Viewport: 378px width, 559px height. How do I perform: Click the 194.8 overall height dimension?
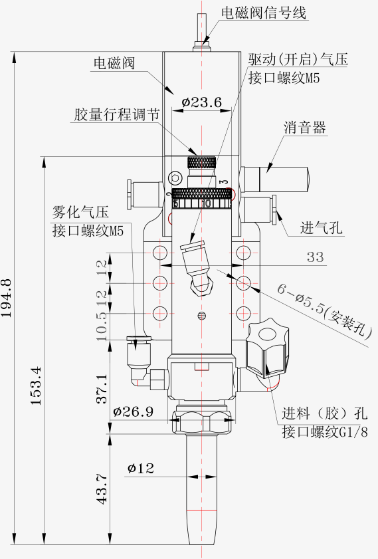(x=7, y=298)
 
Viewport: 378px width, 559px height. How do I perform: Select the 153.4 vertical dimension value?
(x=36, y=386)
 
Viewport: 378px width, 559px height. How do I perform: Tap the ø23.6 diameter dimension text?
(x=202, y=102)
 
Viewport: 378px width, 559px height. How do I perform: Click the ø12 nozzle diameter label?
(x=141, y=468)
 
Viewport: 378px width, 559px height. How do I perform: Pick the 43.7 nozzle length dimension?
(x=102, y=489)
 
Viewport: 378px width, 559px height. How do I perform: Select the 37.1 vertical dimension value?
(x=102, y=389)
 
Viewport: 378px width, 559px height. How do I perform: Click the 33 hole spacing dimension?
(x=315, y=257)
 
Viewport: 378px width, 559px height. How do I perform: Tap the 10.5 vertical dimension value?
(x=102, y=326)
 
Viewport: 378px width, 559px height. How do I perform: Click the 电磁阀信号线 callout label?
(x=264, y=13)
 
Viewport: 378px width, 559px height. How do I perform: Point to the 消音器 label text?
(x=305, y=128)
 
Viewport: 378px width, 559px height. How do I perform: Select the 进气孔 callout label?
(x=321, y=227)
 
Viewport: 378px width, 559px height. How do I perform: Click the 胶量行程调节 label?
(x=117, y=114)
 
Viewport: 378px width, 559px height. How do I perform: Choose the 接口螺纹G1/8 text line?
(x=325, y=432)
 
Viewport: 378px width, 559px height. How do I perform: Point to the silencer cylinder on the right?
(x=274, y=179)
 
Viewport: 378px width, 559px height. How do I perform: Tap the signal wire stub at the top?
(x=202, y=33)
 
